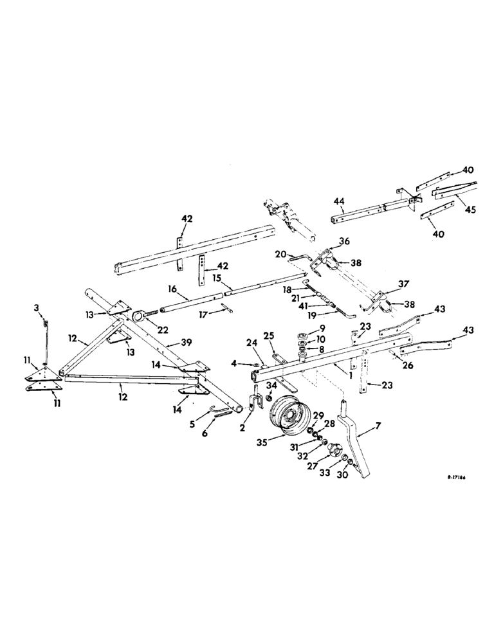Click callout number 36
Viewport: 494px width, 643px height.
[343, 242]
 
